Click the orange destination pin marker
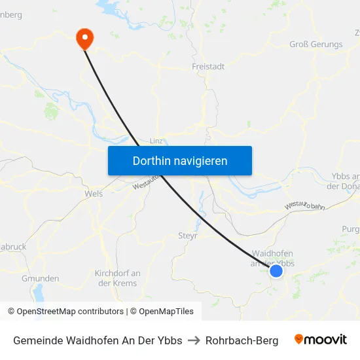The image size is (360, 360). click(x=84, y=37)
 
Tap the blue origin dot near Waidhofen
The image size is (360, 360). click(x=276, y=270)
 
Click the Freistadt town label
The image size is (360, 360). click(x=208, y=67)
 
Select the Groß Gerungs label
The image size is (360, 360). click(x=315, y=45)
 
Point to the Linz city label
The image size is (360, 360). click(x=156, y=141)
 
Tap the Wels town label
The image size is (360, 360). click(x=94, y=194)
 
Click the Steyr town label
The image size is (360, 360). click(x=187, y=235)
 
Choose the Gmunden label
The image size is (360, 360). click(x=40, y=278)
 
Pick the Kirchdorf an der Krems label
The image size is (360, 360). click(x=117, y=278)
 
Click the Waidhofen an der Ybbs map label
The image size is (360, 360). click(x=272, y=258)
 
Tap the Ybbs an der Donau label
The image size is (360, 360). click(x=346, y=181)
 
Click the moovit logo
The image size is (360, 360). click(x=321, y=340)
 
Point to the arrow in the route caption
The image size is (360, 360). click(x=194, y=340)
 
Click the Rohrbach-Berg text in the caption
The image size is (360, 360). click(x=242, y=340)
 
